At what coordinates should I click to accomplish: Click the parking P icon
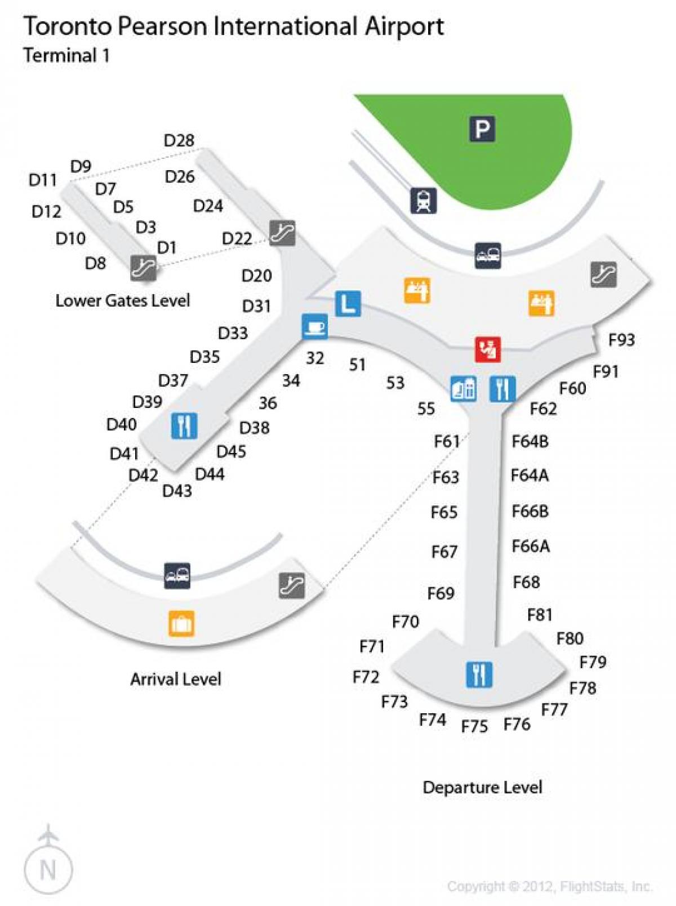point(482,129)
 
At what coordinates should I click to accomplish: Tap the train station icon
point(424,201)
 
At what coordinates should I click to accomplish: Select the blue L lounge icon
point(348,304)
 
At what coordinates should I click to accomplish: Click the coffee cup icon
point(314,326)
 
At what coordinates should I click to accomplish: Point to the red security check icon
point(488,349)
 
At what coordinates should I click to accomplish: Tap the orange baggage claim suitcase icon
point(181,624)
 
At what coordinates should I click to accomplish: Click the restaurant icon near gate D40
point(184,425)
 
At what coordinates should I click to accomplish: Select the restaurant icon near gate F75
point(479,674)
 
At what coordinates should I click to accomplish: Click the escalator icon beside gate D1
point(144,268)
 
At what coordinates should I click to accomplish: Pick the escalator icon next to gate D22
point(282,233)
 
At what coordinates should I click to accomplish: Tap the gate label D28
point(179,140)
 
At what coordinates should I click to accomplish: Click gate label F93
point(621,340)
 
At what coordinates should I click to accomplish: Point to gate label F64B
point(530,441)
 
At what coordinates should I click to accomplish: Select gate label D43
point(177,491)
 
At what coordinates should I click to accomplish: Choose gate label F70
point(406,621)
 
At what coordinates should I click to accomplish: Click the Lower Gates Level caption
point(122,300)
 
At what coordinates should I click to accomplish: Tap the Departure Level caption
point(482,787)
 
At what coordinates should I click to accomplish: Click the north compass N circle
point(48,869)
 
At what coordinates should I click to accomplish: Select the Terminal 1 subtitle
point(66,55)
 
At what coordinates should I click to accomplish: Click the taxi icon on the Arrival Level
point(177,575)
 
